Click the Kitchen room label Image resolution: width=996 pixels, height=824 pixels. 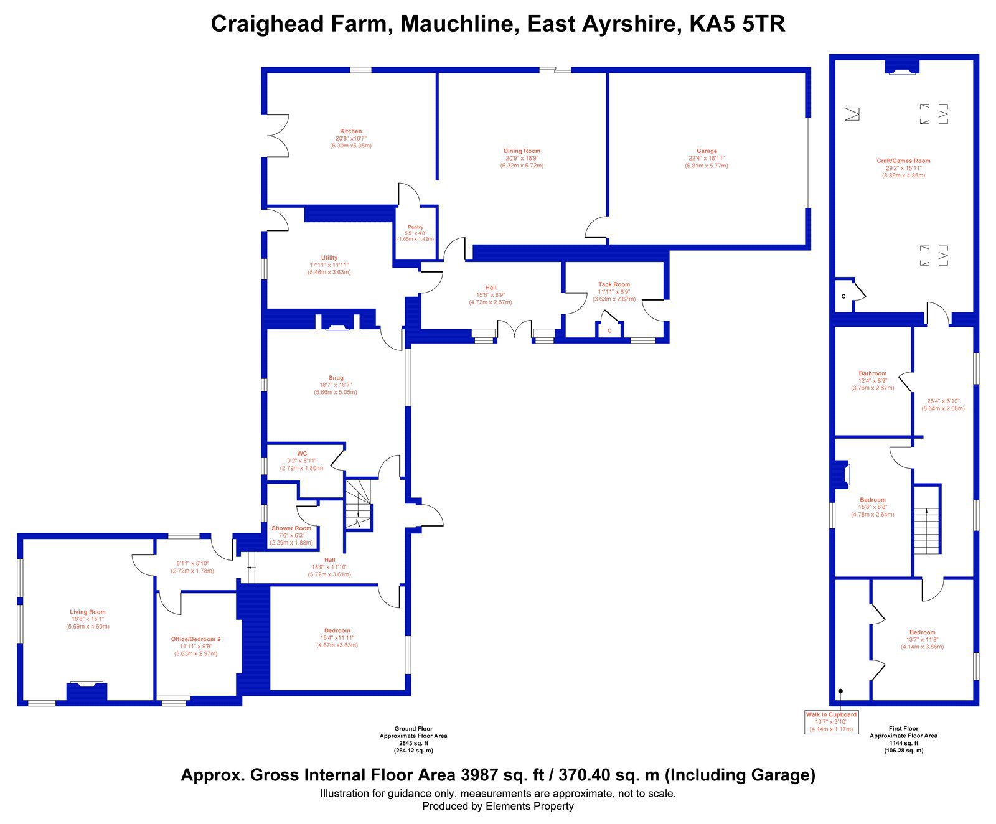point(351,131)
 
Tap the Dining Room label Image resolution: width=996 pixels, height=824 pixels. point(522,151)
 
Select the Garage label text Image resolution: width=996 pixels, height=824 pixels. point(707,151)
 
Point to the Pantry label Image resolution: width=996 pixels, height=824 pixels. point(415,227)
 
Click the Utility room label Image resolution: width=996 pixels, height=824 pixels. point(329,258)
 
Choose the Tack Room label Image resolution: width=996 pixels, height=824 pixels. point(614,284)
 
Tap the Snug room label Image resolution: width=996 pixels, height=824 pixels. point(336,378)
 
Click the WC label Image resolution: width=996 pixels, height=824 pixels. point(302,454)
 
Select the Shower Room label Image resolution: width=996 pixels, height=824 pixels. point(291,528)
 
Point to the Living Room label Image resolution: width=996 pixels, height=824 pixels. point(88,612)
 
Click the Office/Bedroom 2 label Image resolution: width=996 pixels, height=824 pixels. point(196,639)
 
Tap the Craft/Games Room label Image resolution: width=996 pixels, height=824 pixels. point(903,161)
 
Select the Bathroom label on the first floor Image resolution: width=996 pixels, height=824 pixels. point(872,373)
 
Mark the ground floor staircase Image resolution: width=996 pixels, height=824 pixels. point(359,504)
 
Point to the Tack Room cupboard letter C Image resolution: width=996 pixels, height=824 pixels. point(609,331)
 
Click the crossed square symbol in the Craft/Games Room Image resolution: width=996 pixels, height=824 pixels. point(852,114)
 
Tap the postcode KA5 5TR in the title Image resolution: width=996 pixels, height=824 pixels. point(737,24)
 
